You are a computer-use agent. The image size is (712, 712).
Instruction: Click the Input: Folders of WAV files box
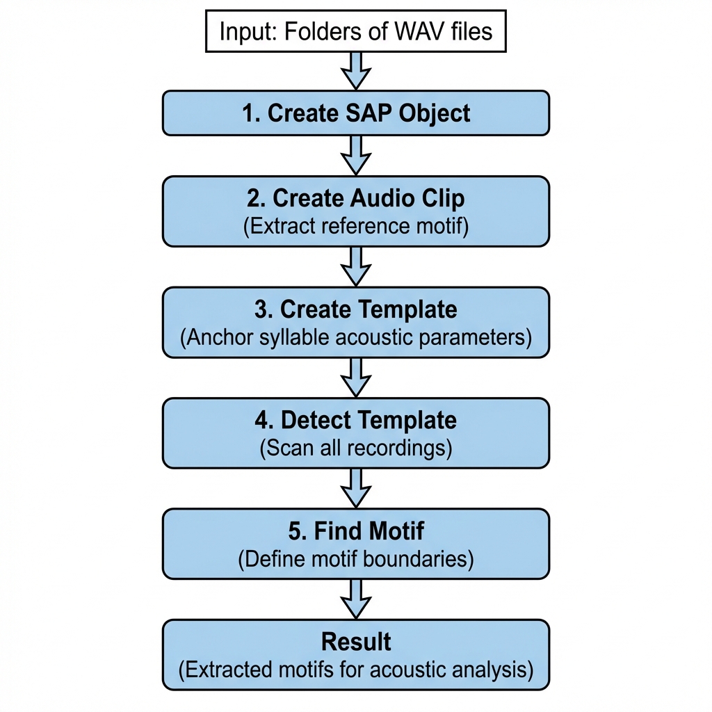point(355,32)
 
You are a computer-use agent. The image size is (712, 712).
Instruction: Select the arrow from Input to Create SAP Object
point(355,70)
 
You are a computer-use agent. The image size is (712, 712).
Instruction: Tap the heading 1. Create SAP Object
point(355,113)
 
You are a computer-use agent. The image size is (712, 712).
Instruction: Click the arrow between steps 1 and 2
point(355,154)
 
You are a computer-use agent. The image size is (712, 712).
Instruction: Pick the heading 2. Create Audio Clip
point(355,198)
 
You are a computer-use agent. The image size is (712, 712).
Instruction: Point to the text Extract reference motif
point(355,227)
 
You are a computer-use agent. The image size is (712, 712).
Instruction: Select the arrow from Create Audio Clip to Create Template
point(355,266)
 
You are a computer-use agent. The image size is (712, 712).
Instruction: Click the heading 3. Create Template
point(355,309)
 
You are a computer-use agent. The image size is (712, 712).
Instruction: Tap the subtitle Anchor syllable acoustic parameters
point(355,338)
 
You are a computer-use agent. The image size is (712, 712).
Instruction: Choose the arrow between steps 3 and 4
point(355,377)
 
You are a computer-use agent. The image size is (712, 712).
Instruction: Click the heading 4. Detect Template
point(355,420)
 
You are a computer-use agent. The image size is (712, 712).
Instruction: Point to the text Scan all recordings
point(355,448)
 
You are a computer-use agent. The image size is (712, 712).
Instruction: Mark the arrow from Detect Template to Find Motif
point(355,487)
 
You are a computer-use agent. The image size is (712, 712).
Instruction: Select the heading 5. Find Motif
point(355,531)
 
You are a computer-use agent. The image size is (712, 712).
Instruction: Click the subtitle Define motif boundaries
point(355,560)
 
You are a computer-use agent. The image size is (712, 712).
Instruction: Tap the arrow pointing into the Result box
point(355,599)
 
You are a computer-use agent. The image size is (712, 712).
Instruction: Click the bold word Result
point(355,641)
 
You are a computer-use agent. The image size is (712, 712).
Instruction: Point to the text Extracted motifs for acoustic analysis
point(355,670)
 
